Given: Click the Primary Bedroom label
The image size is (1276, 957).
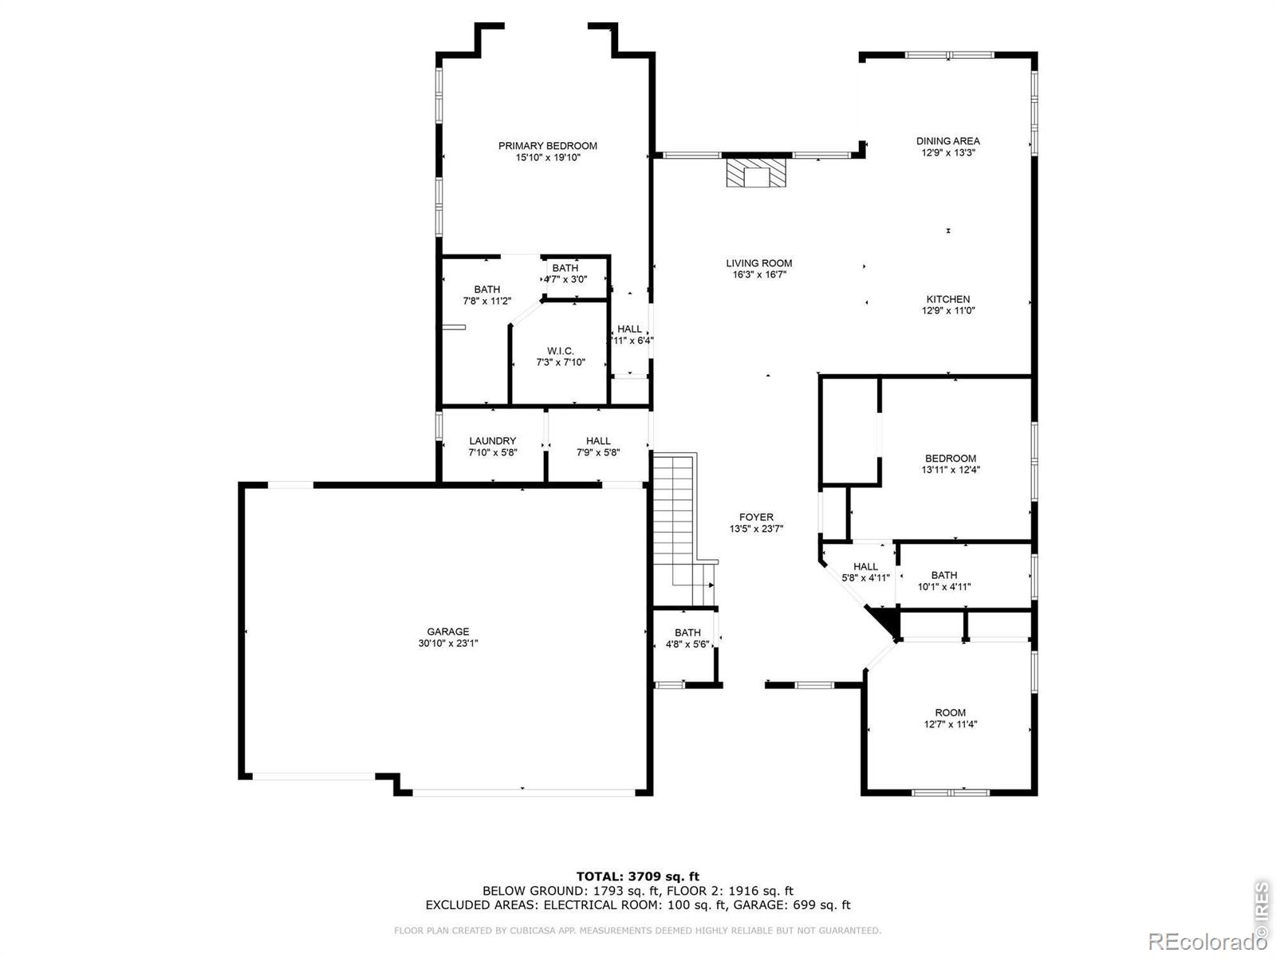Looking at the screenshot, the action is (x=547, y=146).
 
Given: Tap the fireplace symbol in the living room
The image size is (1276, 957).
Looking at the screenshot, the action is (x=756, y=172).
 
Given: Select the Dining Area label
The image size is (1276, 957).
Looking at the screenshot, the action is (x=947, y=141).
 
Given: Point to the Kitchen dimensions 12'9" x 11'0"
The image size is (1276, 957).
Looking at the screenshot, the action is (x=948, y=310).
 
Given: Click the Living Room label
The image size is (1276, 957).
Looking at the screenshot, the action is (x=758, y=263).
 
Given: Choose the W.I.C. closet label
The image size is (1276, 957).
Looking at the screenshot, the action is (x=561, y=351).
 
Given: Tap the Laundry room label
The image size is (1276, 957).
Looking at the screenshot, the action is (x=492, y=441).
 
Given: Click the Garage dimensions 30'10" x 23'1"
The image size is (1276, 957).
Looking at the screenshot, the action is (x=447, y=644).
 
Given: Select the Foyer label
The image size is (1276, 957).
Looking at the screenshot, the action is (x=756, y=517).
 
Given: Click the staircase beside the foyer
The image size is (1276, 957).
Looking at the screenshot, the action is (x=681, y=528).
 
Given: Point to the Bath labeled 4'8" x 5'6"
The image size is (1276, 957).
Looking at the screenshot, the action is (x=687, y=638).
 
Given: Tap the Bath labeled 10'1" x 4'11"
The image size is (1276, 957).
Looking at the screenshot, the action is (x=944, y=581).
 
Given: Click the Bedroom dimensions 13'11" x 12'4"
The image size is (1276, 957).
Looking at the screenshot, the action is (x=951, y=470).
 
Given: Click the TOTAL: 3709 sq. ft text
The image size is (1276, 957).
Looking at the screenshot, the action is (x=638, y=876).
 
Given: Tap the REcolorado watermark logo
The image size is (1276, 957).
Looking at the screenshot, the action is (x=1207, y=941).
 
